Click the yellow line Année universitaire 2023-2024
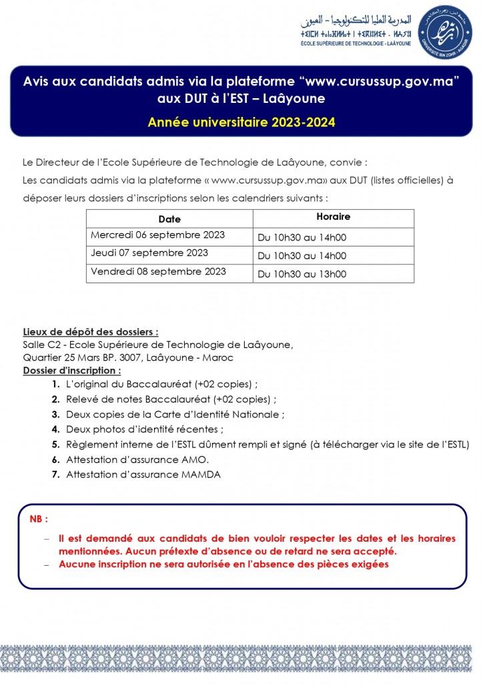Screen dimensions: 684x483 click(241, 122)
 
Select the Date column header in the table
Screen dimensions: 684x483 click(169, 219)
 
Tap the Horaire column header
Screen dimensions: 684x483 click(333, 217)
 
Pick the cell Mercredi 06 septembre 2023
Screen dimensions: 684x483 click(157, 235)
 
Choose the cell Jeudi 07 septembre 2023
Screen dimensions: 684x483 click(149, 253)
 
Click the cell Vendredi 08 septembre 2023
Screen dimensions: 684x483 click(158, 272)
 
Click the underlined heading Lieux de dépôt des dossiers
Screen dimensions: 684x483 click(91, 332)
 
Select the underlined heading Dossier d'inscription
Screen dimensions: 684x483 click(72, 370)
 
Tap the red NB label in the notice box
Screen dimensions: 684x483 click(39, 519)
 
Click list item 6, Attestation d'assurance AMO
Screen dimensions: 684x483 click(137, 460)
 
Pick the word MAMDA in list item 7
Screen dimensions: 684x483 click(200, 474)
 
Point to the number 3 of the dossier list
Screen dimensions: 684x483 click(55, 415)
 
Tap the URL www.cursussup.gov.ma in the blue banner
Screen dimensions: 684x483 click(380, 81)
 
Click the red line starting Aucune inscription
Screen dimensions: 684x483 click(223, 564)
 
